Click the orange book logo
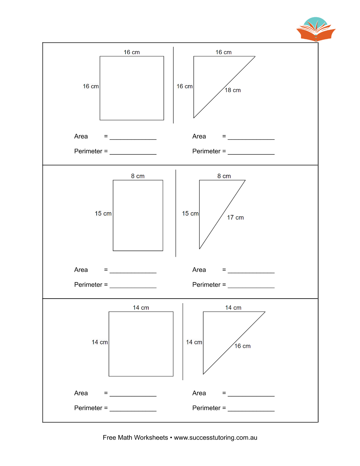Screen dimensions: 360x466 [x=316, y=30]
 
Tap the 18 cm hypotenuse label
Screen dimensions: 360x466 [x=233, y=90]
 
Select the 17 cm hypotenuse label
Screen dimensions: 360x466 [x=235, y=217]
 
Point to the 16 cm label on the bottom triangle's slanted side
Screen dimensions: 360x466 [x=242, y=346]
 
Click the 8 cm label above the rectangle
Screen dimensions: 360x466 [x=138, y=176]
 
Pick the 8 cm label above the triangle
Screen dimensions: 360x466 [x=224, y=176]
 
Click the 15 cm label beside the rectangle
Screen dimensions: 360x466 [x=103, y=213]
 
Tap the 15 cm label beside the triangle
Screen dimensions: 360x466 [x=190, y=213]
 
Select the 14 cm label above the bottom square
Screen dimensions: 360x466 [x=141, y=308]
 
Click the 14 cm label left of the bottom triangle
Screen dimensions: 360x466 [x=194, y=342]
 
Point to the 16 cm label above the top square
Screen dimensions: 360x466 [x=131, y=52]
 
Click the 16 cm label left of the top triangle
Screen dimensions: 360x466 [x=185, y=86]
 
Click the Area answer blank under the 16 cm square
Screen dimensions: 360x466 [x=133, y=139]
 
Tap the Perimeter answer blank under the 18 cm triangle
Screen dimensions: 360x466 [x=251, y=154]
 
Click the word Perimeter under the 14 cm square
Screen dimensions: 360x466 [x=88, y=408]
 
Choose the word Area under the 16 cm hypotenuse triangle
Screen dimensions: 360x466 [x=199, y=393]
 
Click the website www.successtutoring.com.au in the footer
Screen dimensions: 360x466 [x=216, y=438]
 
